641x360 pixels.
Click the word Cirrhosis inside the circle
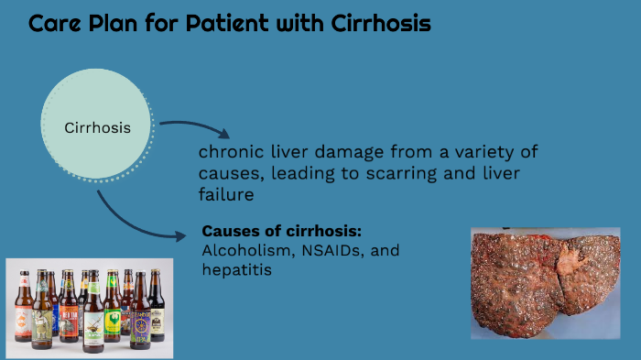[x=97, y=127]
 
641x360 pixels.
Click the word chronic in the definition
[x=228, y=152]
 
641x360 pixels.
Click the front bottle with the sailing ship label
[x=92, y=325]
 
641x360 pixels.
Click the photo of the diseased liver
[x=532, y=283]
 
